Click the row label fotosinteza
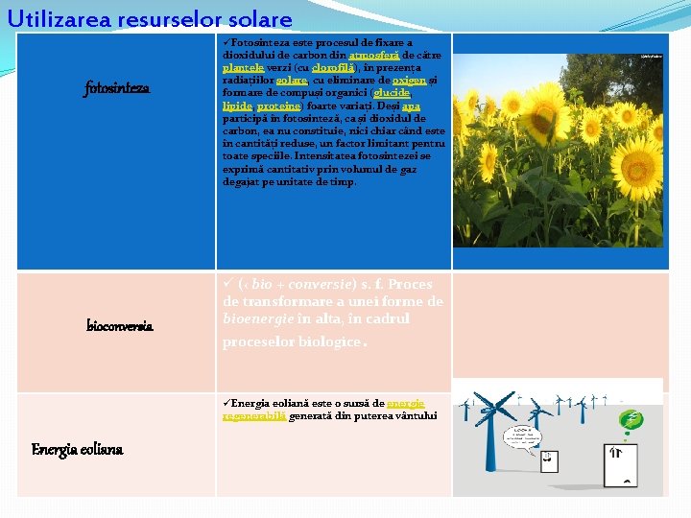click(117, 89)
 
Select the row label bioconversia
click(119, 326)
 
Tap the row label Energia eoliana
click(77, 449)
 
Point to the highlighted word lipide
click(236, 106)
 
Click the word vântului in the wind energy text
click(417, 415)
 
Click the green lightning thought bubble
click(631, 420)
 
